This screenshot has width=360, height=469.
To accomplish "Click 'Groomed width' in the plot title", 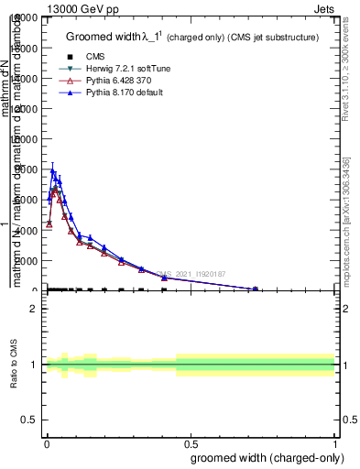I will point(106,37).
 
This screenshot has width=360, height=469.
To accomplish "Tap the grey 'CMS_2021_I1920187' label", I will point(192,274).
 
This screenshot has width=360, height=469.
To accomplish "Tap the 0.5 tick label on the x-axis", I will point(191,442).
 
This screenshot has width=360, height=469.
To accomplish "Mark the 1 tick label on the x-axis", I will point(335,442).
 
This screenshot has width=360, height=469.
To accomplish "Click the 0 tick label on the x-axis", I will point(47,442).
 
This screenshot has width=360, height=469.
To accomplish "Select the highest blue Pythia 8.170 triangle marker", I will point(53,171).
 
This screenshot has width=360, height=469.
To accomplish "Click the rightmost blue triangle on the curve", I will point(256,289).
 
